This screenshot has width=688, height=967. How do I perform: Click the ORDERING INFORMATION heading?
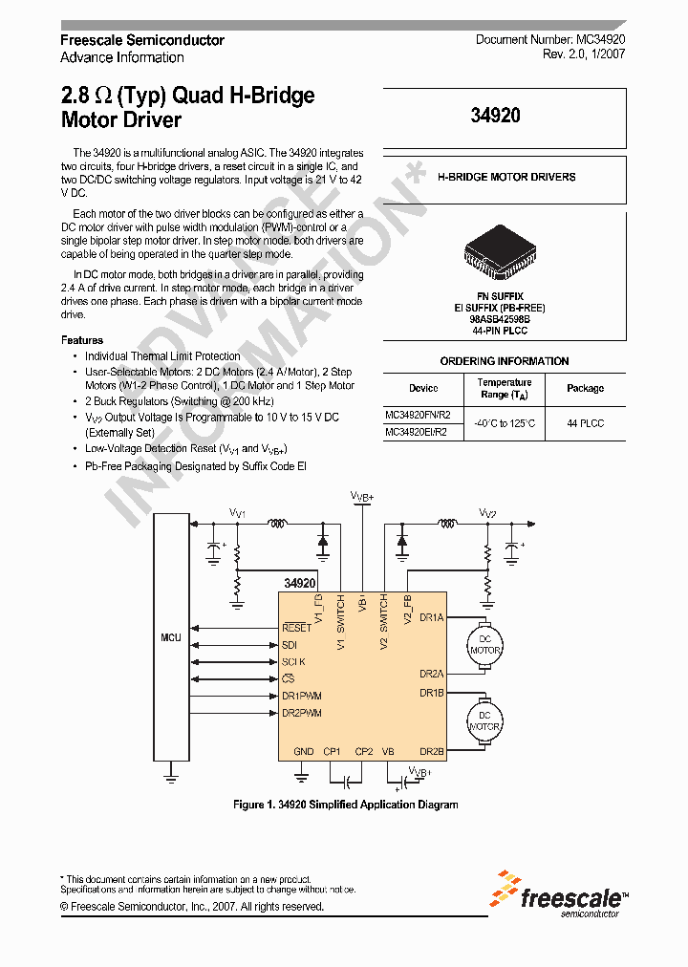click(x=504, y=361)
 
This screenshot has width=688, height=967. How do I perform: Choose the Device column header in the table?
click(x=423, y=388)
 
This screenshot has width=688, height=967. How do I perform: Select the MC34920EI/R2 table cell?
click(x=416, y=432)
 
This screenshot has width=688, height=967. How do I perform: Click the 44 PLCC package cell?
click(x=585, y=422)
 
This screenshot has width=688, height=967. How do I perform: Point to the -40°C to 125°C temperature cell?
click(x=504, y=422)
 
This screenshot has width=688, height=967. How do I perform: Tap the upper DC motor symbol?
click(x=484, y=644)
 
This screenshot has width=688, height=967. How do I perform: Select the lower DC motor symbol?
click(x=484, y=720)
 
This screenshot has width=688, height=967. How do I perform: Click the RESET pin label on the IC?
click(x=297, y=628)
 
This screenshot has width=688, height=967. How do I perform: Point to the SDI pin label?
click(x=290, y=645)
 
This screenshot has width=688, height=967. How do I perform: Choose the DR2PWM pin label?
click(x=302, y=713)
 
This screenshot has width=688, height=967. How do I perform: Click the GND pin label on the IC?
click(x=303, y=751)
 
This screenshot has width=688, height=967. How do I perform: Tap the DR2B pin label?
click(x=431, y=751)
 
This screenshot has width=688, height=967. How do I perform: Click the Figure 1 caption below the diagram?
click(x=345, y=805)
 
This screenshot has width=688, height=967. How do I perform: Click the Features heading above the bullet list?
click(x=82, y=340)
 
